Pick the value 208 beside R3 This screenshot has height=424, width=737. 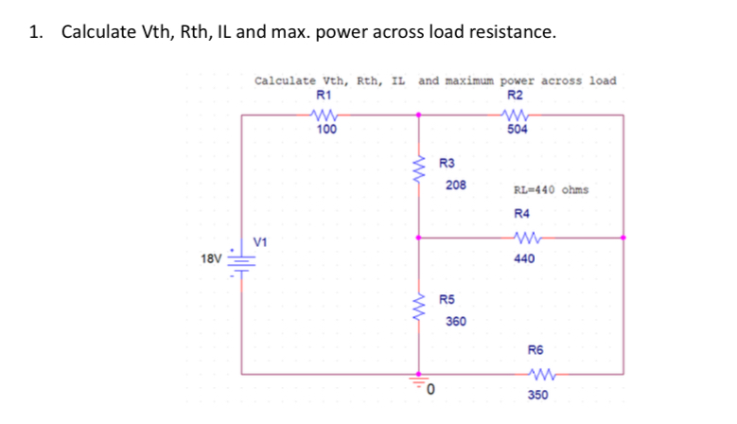point(455,185)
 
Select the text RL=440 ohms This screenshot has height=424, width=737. point(551,189)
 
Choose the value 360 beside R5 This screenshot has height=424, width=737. point(455,322)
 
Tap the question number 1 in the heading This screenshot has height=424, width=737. point(34,33)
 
